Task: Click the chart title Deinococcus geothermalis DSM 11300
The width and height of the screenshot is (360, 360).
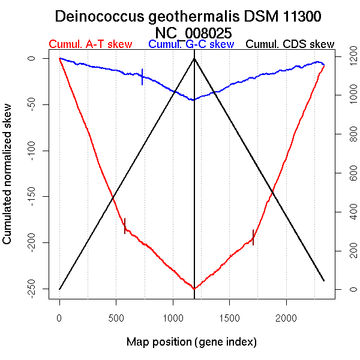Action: click(x=189, y=16)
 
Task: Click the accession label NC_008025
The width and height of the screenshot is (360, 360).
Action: click(x=193, y=32)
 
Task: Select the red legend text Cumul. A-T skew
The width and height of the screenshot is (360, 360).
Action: click(x=91, y=44)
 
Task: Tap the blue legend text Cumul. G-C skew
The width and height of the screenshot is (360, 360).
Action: click(x=191, y=44)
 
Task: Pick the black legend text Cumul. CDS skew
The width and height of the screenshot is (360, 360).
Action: click(x=290, y=44)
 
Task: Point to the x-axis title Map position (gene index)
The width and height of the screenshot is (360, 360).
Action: click(x=191, y=343)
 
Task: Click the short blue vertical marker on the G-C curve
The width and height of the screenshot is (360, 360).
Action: click(x=142, y=76)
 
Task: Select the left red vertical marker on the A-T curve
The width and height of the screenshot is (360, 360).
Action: click(x=125, y=225)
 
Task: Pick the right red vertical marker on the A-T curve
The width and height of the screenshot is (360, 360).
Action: click(x=253, y=237)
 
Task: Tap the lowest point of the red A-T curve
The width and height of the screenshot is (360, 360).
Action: click(x=194, y=289)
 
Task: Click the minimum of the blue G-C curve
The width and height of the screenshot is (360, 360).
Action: click(x=193, y=100)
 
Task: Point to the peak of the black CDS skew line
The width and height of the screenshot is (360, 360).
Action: click(x=194, y=58)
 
